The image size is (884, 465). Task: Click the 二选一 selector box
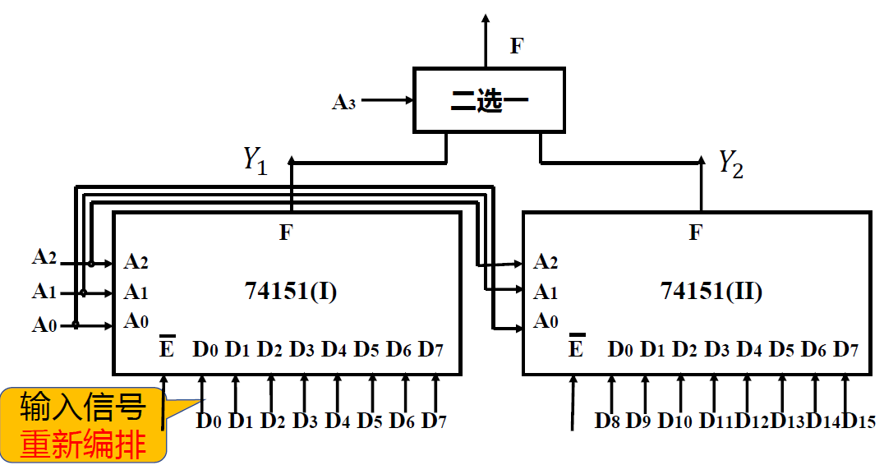pos(489,100)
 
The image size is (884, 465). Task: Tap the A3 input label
pos(343,102)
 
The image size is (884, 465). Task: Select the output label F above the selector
pos(516,46)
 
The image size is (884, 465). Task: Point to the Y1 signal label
pos(255,159)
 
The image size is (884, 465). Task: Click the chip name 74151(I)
pos(290,291)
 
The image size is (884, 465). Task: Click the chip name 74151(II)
pos(711,291)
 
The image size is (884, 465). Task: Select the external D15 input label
pos(859,421)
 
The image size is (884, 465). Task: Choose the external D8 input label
pos(608,421)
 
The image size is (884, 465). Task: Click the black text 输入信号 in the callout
pos(83,407)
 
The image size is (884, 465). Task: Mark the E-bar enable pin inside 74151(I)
pos(166,348)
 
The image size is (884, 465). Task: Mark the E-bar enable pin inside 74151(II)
pos(576,348)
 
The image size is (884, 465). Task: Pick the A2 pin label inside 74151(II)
pos(546,262)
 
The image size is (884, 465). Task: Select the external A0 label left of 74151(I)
pos(44,325)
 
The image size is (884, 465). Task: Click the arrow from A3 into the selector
pos(386,100)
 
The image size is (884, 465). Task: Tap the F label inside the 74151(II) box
pos(695,232)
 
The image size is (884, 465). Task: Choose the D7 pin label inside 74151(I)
pos(431,349)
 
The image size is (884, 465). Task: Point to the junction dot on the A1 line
pos(83,292)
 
